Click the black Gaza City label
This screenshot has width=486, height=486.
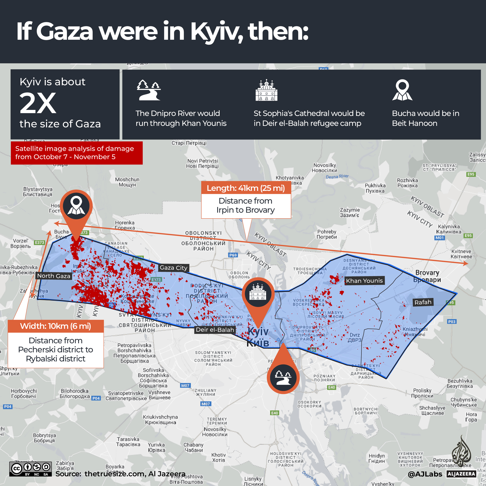pyautogui.click(x=174, y=268)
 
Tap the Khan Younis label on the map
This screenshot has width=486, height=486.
pyautogui.click(x=364, y=281)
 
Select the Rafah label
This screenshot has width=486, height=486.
pyautogui.click(x=423, y=302)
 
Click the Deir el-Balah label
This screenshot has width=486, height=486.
pyautogui.click(x=215, y=330)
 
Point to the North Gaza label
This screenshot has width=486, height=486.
pyautogui.click(x=54, y=276)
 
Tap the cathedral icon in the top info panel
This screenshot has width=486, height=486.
pyautogui.click(x=266, y=90)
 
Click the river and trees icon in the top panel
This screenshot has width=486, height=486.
pyautogui.click(x=149, y=90)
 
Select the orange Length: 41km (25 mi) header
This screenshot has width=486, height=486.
pyautogui.click(x=246, y=188)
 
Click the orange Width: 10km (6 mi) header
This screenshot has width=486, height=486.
pyautogui.click(x=55, y=326)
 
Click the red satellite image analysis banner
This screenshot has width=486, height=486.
pyautogui.click(x=76, y=153)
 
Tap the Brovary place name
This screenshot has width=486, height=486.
pyautogui.click(x=427, y=276)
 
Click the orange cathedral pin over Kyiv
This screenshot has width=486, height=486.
pyautogui.click(x=258, y=294)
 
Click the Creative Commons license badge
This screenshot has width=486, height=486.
pyautogui.click(x=30, y=469)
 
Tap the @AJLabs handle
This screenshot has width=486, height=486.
pyautogui.click(x=425, y=474)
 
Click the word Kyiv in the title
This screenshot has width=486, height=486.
pyautogui.click(x=216, y=32)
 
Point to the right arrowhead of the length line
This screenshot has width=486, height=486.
pyautogui.click(x=467, y=264)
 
